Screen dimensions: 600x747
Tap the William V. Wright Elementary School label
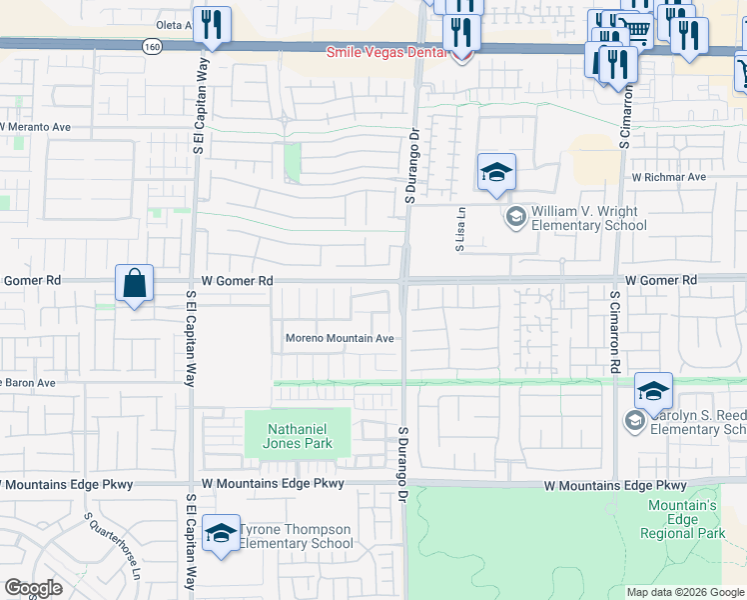point(588,218)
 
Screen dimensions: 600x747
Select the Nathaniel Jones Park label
point(298,435)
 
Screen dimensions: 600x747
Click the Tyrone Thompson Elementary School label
point(296,536)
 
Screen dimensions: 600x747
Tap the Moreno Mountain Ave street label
point(340,338)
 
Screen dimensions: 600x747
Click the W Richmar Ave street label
point(668,177)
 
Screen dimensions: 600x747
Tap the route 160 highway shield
point(151,46)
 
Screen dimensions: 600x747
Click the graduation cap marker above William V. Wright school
point(495,173)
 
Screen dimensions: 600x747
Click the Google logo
point(33,588)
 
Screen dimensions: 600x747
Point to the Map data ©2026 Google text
point(684,592)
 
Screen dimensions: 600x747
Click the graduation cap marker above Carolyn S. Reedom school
point(653,391)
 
